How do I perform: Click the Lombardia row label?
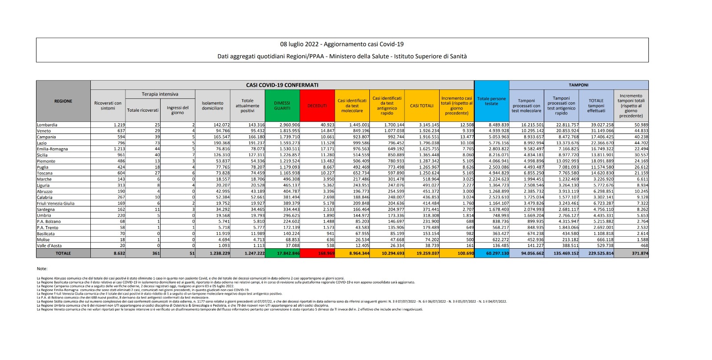47,125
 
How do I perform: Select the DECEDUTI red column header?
317,106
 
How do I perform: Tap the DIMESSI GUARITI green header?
282,106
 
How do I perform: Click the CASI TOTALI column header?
421,106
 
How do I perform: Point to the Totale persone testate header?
491,101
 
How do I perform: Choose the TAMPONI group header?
578,85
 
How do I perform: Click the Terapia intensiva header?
160,94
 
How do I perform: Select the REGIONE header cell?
63,101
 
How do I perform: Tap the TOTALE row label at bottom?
63,253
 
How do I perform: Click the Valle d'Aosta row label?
49,246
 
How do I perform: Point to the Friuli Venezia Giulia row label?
56,203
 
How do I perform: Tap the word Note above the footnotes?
42,269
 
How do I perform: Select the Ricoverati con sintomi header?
108,106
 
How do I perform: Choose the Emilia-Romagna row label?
53,149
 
